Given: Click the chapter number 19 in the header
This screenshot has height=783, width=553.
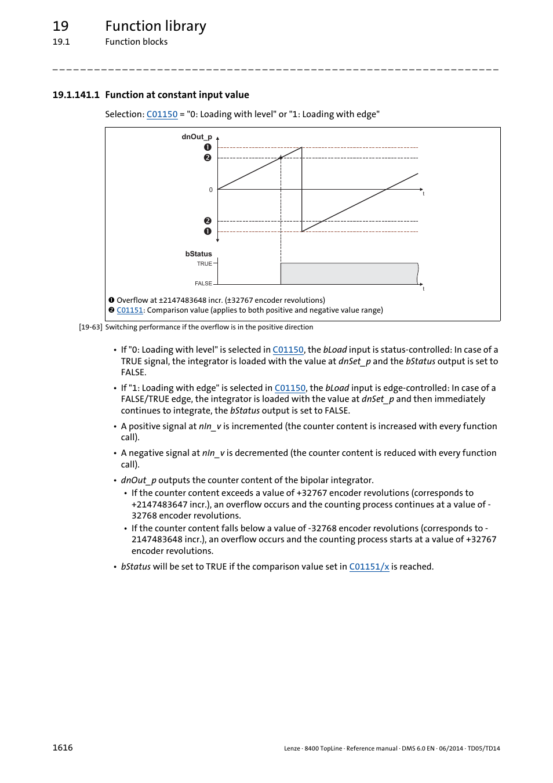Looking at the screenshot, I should pos(60,26).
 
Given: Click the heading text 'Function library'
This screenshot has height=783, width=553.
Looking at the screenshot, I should pos(155,26).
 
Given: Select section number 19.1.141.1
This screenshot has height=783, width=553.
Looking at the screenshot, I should pos(76,95).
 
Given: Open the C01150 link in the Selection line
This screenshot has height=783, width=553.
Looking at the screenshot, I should pos(162,114).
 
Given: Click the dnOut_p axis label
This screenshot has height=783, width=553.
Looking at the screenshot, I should pos(197,137).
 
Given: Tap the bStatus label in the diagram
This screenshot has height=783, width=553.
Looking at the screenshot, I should pos(198,254).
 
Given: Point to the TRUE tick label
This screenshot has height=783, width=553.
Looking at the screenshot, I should pos(204,264).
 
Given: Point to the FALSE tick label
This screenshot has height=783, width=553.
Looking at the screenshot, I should pos(203,284).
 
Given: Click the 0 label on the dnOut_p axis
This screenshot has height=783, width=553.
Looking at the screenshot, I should pos(210,190).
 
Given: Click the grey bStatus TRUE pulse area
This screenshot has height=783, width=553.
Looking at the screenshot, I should pos(348,274).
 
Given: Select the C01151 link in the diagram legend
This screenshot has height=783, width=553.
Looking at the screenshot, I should pos(129,310).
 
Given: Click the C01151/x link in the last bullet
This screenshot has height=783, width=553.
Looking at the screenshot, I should pos(369,567).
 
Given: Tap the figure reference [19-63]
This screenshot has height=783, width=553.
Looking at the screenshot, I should pos(90,327).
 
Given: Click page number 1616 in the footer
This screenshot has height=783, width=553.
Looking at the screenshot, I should pos(63,748).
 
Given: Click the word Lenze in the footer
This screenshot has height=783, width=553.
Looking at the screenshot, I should pos(292,749).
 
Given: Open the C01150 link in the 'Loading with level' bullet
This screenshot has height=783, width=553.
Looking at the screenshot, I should pos(288,350).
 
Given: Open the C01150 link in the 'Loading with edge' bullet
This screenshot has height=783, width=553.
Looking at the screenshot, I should pos(290,388).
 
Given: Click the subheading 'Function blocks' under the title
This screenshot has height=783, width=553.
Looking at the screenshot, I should pos(136,42).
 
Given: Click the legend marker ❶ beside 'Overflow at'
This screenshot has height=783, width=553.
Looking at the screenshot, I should pos(111,300).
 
